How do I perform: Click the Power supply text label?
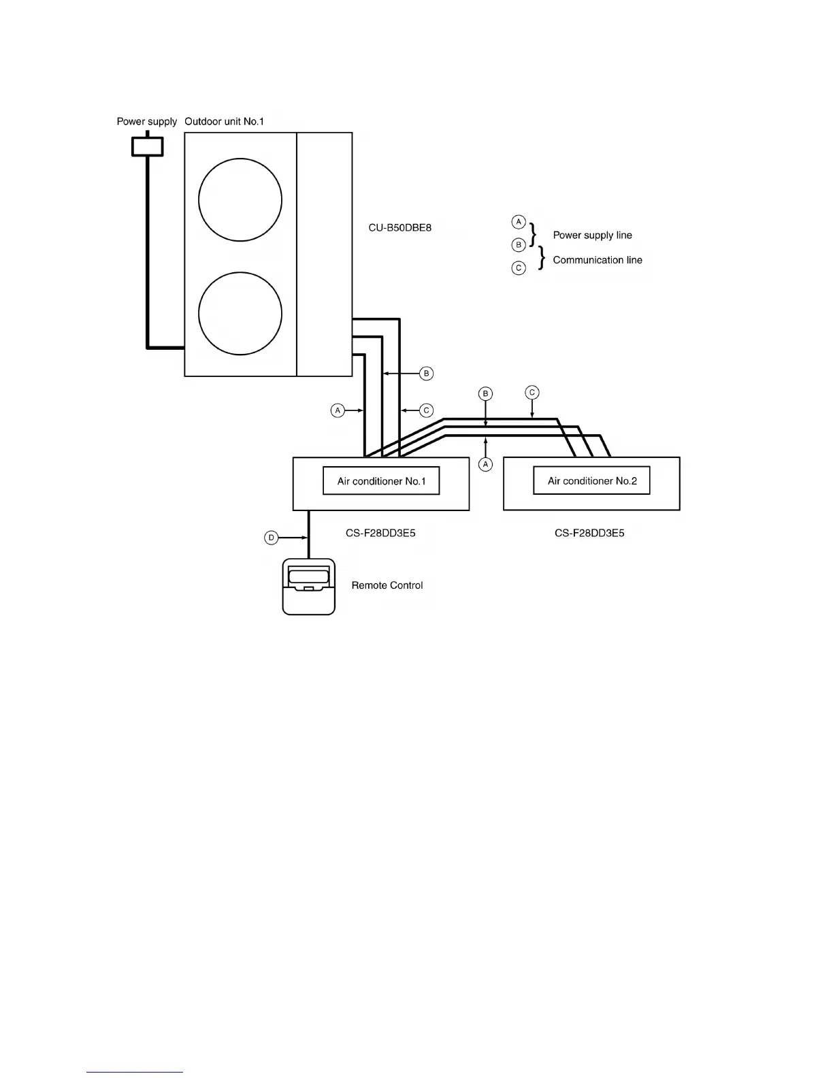tap(146, 122)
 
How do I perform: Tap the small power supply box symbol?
tap(147, 146)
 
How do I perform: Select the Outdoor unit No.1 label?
tap(224, 122)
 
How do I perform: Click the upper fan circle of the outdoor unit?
tap(240, 200)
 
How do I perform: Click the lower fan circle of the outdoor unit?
tap(240, 314)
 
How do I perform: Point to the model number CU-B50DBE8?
tap(400, 227)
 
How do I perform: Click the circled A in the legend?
tap(519, 222)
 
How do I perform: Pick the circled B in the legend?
tap(519, 244)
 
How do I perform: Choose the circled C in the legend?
tap(519, 268)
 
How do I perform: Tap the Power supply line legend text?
tap(592, 235)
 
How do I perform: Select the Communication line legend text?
tap(598, 260)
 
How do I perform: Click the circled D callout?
tap(271, 538)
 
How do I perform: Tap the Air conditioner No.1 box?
tap(381, 481)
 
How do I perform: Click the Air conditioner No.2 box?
tap(591, 480)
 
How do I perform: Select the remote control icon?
tap(309, 587)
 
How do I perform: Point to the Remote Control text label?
tap(387, 585)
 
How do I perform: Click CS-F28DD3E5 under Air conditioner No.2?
tap(589, 533)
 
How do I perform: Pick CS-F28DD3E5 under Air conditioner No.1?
tap(380, 533)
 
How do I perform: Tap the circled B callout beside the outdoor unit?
tap(427, 373)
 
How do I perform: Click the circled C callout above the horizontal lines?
tap(532, 392)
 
